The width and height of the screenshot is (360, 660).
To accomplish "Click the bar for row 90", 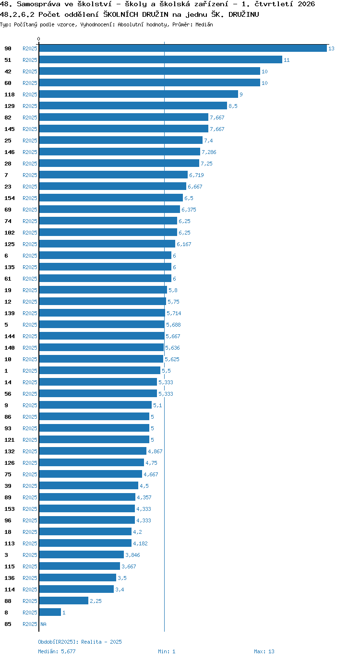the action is (x=183, y=48).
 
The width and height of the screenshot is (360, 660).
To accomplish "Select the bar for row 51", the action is (x=161, y=60).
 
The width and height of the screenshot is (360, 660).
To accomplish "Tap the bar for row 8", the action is (x=50, y=612).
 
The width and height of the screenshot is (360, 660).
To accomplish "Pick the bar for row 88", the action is (x=64, y=601).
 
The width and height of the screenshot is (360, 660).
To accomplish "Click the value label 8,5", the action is (x=233, y=106).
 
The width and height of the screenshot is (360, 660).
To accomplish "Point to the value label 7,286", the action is (x=209, y=152).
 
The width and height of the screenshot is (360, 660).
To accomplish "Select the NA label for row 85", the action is (x=43, y=624).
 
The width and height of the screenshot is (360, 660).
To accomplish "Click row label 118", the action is (x=10, y=94).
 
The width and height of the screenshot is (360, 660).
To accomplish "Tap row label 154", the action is (x=10, y=198).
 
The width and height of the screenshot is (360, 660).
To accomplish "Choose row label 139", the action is (x=10, y=313).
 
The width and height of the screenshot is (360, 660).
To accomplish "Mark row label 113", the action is (x=10, y=543).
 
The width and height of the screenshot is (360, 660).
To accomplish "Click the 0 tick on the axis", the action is (x=38, y=39).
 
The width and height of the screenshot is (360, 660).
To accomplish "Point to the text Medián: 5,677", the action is (x=57, y=651).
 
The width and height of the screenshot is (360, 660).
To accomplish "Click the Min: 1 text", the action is (x=167, y=651).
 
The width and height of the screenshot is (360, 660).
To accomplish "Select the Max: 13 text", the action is (x=264, y=651).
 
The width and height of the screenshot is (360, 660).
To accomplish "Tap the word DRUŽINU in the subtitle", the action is (x=244, y=14).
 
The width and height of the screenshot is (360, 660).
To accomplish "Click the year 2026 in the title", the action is (x=306, y=4).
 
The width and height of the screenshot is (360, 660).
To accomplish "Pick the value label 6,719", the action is (x=196, y=175).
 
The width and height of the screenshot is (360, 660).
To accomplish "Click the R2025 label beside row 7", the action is (x=30, y=175).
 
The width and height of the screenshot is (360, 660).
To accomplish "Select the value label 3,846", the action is (x=132, y=555).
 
